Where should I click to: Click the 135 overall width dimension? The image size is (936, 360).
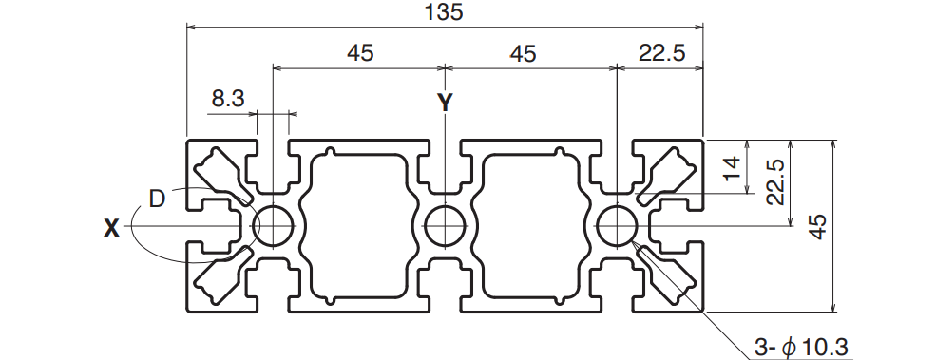[445, 11]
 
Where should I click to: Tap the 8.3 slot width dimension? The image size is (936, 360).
[228, 98]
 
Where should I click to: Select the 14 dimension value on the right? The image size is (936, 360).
[733, 167]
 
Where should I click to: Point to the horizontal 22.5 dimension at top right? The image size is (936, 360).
[661, 53]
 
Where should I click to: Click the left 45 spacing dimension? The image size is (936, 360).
[360, 53]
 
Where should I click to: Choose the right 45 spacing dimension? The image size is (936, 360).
[523, 54]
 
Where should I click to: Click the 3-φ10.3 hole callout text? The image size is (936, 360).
[800, 348]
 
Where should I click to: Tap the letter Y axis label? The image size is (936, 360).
[445, 103]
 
